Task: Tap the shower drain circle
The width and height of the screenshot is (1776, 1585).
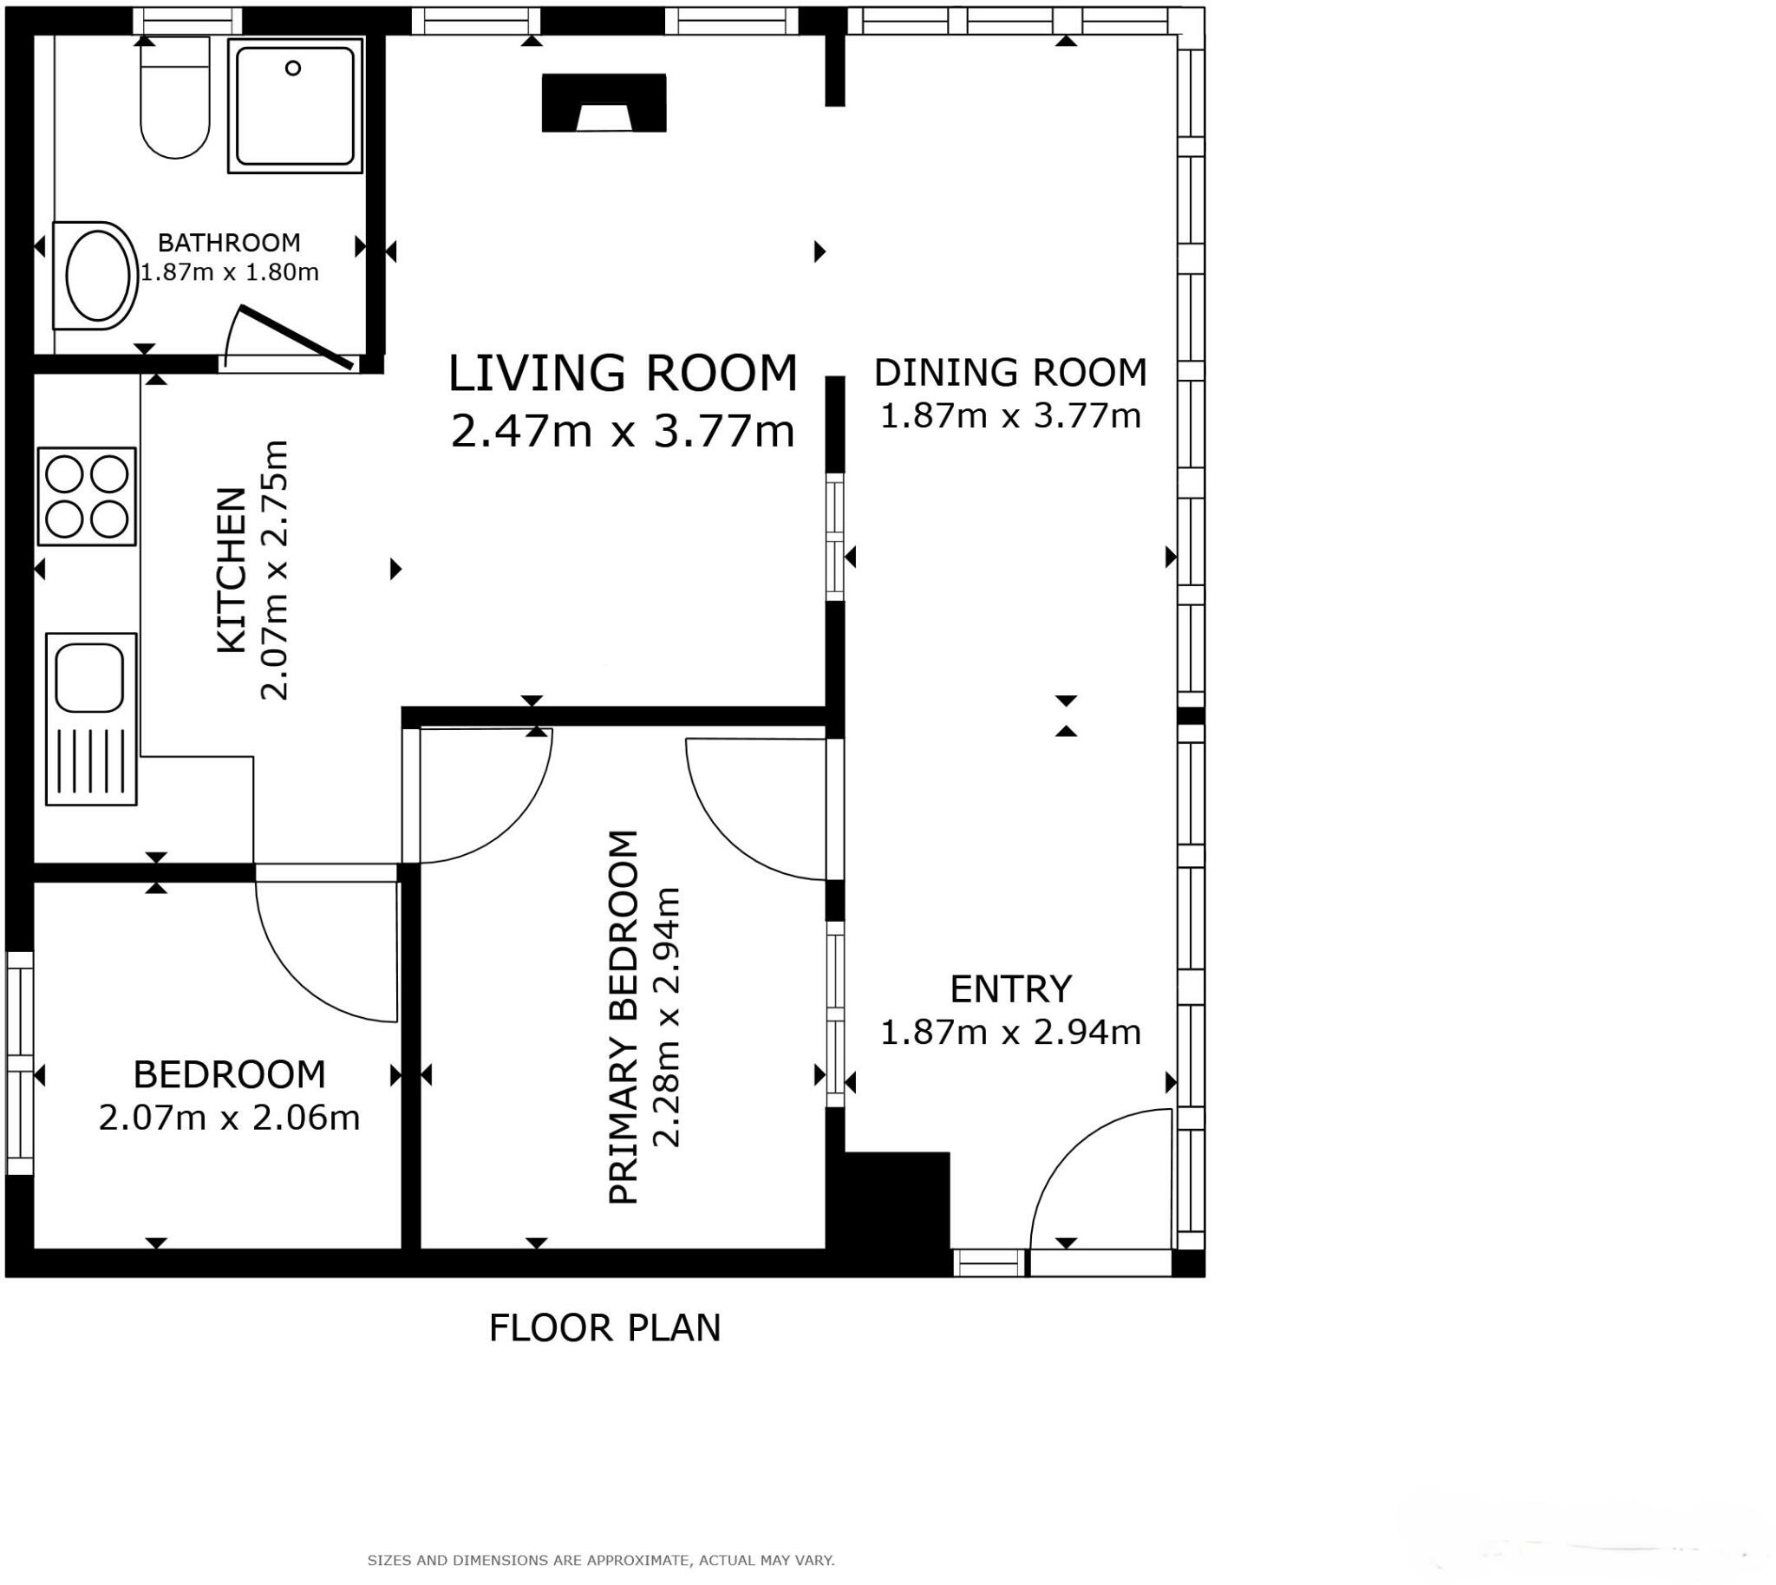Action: [292, 68]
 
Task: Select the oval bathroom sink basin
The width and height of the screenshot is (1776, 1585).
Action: [97, 276]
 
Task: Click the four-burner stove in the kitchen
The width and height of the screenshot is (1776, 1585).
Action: [86, 497]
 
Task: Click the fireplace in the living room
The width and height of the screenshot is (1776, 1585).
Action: [604, 103]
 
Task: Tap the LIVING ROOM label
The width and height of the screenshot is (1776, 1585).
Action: [622, 373]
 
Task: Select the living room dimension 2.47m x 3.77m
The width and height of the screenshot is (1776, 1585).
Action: [622, 431]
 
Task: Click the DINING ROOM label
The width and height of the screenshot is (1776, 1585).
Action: [1009, 373]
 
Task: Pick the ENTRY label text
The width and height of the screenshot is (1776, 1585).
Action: [1009, 989]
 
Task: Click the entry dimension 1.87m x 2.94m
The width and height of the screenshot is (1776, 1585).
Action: [1009, 1033]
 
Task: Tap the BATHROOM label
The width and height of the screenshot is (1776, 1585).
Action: [229, 242]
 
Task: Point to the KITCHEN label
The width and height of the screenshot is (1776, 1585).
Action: [232, 571]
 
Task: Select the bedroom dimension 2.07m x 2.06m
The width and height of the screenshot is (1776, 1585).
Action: [229, 1119]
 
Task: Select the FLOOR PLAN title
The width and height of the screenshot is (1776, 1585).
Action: [604, 1328]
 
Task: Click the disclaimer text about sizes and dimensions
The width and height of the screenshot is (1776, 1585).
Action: [601, 1561]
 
